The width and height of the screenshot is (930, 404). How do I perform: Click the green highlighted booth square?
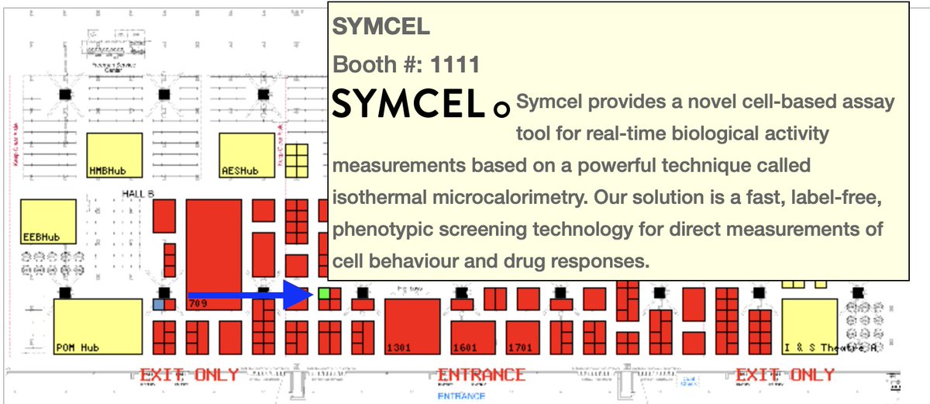324,295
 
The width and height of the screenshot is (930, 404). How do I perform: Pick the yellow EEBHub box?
48,222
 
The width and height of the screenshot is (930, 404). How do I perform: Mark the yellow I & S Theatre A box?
809,326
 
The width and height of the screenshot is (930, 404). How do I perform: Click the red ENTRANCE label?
481,375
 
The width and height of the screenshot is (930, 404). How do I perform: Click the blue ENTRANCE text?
461,395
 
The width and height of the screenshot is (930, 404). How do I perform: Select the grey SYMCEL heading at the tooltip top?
381,26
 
